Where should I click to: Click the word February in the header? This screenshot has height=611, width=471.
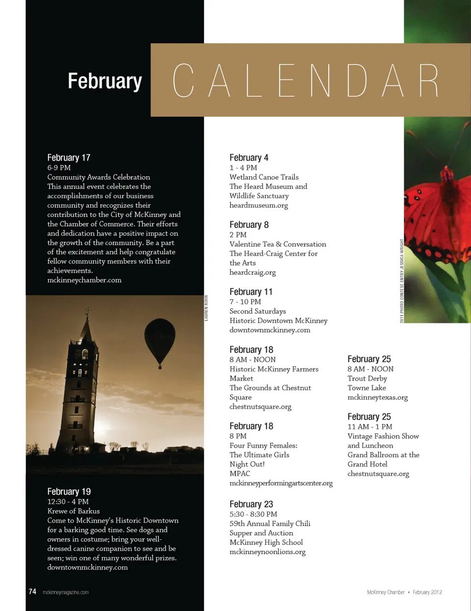[x=105, y=81]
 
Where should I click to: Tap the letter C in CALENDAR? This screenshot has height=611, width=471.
[x=183, y=80]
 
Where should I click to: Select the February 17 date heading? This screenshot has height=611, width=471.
[x=69, y=158]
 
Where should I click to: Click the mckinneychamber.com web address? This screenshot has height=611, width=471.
[x=84, y=280]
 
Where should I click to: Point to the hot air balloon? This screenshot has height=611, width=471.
[x=159, y=340]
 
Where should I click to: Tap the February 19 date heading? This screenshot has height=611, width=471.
[x=69, y=492]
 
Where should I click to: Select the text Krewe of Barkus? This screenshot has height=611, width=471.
[x=74, y=511]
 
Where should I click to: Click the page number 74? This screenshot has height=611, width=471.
[x=32, y=592]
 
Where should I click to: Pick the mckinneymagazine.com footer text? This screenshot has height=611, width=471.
[x=66, y=592]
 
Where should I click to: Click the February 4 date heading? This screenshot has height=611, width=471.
[x=249, y=158]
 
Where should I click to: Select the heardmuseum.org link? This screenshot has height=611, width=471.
[x=259, y=205]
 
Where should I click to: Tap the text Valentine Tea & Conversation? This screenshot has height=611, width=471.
[x=278, y=244]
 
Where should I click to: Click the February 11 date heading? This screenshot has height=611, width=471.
[x=251, y=292]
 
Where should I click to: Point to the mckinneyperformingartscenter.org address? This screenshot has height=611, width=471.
[x=281, y=483]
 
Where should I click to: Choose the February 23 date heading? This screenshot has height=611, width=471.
[x=251, y=505]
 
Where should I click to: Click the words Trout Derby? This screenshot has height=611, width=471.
[x=367, y=378]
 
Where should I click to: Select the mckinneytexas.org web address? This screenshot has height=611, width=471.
[x=378, y=398]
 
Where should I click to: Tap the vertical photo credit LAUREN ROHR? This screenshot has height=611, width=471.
[x=207, y=308]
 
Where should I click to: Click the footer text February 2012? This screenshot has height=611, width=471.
[x=427, y=592]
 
